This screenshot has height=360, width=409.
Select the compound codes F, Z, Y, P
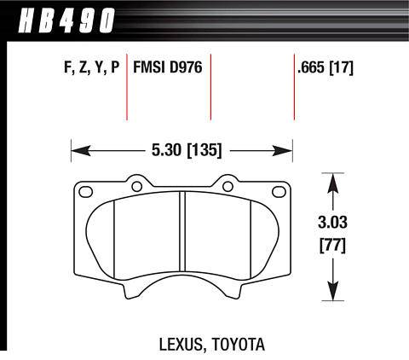(92, 68)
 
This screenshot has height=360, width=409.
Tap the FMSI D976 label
(168, 67)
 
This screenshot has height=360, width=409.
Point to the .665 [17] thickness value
(325, 68)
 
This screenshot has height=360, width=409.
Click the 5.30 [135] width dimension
(187, 150)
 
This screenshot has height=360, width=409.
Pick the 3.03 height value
(332, 222)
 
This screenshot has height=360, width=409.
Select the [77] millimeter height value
(332, 245)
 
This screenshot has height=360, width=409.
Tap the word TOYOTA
(239, 344)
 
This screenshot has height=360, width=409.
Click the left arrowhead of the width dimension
(81, 150)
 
